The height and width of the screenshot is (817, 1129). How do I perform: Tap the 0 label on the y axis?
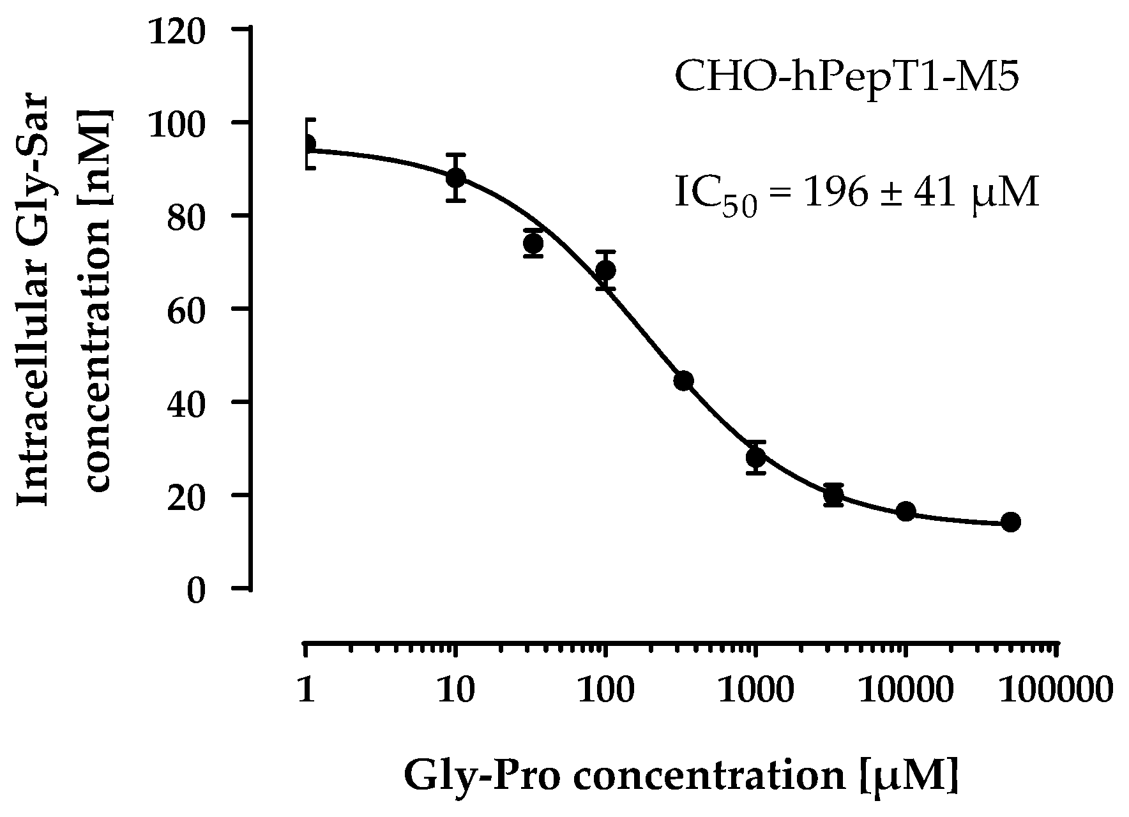pos(196,590)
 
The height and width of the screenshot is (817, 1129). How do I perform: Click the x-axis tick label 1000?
pos(756,689)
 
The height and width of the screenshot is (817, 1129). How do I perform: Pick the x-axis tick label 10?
pos(455,689)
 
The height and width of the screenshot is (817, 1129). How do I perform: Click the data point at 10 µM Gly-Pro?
pos(455,177)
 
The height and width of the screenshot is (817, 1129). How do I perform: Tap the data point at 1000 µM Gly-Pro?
pos(756,457)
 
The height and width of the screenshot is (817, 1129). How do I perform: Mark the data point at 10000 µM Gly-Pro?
pos(905,511)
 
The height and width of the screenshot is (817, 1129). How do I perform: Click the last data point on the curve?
pos(1010,522)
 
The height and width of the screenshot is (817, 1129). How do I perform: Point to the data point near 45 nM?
pos(683,381)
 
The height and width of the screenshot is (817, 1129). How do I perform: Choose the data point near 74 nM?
pos(533,243)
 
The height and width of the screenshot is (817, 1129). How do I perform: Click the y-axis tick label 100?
pos(178,124)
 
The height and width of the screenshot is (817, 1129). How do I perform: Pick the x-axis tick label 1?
pos(307,689)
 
